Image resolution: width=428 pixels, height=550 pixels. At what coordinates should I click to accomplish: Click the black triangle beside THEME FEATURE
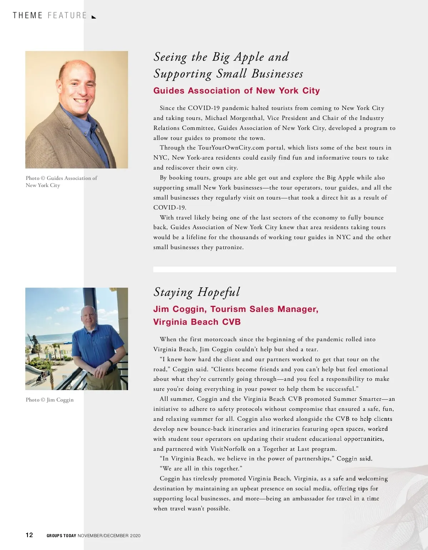click(x=94, y=17)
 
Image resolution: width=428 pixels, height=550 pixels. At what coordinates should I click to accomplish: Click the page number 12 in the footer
click(x=29, y=535)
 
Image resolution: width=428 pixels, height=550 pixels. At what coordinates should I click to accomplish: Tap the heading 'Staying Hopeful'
click(x=197, y=292)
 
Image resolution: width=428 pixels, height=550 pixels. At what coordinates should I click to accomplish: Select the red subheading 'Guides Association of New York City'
click(x=236, y=91)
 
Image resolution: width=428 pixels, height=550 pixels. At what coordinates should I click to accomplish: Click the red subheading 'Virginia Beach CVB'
click(x=197, y=322)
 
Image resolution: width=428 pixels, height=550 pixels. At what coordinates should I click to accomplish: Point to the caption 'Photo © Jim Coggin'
click(x=50, y=400)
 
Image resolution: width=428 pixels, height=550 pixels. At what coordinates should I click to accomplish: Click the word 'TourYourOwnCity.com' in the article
click(x=231, y=148)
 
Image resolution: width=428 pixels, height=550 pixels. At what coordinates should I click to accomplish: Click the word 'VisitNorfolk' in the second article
click(x=228, y=449)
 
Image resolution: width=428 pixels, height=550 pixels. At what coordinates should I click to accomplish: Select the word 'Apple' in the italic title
click(x=249, y=57)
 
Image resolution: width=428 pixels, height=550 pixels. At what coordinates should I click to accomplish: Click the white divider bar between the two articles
click(x=275, y=269)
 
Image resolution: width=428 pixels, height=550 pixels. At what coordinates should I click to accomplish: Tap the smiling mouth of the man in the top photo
click(x=81, y=101)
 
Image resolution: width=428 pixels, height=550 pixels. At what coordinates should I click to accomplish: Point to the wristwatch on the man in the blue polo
click(x=111, y=362)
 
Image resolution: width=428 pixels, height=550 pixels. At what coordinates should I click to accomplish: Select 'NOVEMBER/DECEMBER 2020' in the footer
click(x=109, y=536)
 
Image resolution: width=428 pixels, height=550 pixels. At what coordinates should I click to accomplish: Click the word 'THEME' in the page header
click(x=27, y=16)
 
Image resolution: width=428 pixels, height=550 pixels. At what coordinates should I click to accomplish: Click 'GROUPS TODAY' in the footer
click(x=61, y=536)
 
